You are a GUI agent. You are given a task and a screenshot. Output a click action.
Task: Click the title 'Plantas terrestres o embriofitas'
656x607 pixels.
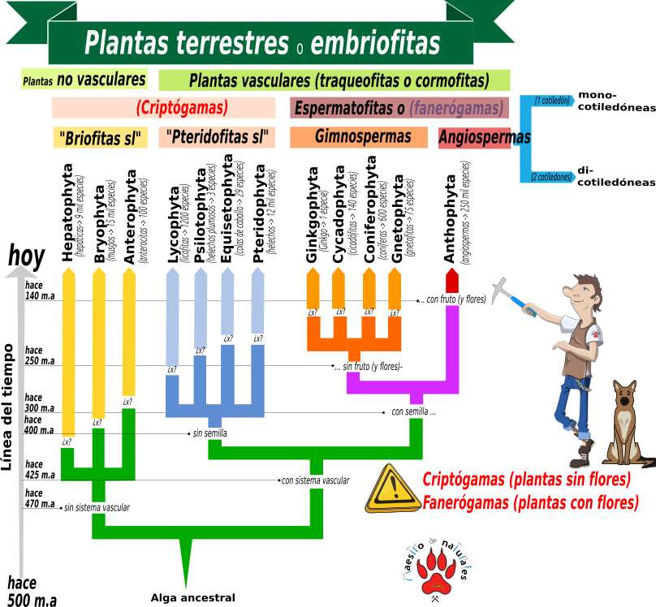pos(261,43)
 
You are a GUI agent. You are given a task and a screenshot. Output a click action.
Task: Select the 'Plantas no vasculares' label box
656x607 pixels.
pos(84,80)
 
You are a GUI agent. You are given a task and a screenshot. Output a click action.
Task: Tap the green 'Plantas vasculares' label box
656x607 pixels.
pos(334,80)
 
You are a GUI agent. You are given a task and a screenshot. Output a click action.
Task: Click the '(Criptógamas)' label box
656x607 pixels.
pos(163,108)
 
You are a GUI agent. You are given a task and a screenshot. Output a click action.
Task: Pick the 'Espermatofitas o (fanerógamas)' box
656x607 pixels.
pos(399,108)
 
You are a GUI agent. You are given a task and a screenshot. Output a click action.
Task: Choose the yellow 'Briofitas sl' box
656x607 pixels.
pos(100,138)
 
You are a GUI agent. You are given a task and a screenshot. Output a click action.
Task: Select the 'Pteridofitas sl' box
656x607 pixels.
pos(216,137)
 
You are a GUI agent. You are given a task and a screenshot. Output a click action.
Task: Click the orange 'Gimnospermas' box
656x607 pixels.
pos(359,137)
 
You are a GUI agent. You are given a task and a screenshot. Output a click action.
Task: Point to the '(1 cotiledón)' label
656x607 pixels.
pos(552,101)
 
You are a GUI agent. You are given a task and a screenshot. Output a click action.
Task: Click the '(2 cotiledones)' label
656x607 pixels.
pos(551,177)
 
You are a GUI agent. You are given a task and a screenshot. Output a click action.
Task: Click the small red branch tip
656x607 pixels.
pos(452,281)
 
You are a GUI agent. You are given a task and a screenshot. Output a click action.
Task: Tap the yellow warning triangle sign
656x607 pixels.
pos(393,489)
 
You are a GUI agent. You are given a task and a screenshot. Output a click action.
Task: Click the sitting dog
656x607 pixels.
pos(625,426)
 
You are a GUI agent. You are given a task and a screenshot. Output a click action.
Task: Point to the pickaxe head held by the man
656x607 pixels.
pos(501,290)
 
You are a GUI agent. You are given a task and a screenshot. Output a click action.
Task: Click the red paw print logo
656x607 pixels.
pos(438,571)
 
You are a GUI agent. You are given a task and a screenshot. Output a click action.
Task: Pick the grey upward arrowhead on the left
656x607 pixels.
pos(21,272)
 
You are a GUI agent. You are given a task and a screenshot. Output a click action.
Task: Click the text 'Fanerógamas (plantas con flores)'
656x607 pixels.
pos(530,503)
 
